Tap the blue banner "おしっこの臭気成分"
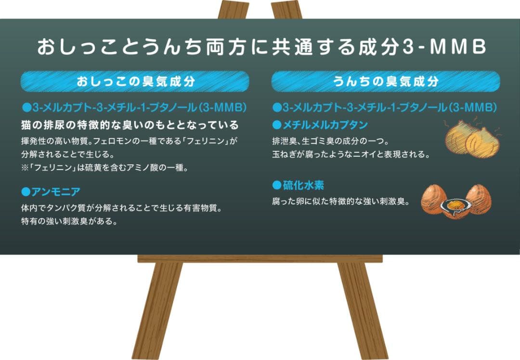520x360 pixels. coord(135,81)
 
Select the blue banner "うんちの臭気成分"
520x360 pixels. coord(385,81)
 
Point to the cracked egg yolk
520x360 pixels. coord(454,204)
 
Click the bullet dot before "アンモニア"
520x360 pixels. coord(26,192)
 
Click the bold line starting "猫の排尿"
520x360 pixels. coord(130,125)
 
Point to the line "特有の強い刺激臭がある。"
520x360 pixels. coord(70,222)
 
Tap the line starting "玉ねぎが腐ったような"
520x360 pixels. coord(351,155)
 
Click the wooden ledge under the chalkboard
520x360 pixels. coord(260,259)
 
